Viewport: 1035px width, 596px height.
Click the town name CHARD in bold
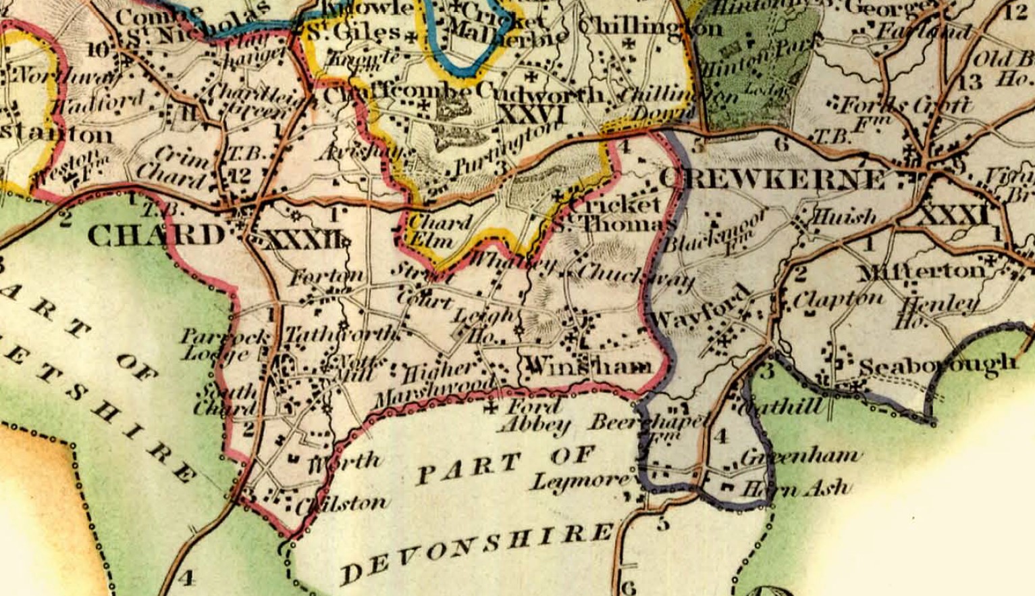click(x=156, y=236)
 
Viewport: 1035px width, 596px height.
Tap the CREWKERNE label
click(x=770, y=179)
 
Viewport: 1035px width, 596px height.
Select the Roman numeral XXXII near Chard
click(x=302, y=239)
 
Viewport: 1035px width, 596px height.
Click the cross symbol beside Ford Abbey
click(x=492, y=407)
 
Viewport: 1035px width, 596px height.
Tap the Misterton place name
click(x=921, y=272)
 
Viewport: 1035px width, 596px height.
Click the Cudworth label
click(x=540, y=93)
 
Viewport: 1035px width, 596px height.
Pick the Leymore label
click(x=580, y=481)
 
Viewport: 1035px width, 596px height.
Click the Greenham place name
click(x=801, y=456)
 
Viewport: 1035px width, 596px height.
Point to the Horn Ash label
click(x=797, y=487)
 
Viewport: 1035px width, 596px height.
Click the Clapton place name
click(x=838, y=299)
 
